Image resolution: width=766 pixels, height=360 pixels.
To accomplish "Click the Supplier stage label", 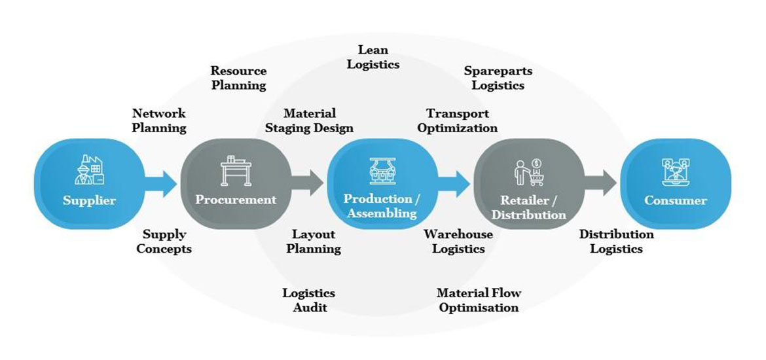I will tap(89, 200).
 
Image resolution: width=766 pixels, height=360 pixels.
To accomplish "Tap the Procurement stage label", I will tap(236, 200).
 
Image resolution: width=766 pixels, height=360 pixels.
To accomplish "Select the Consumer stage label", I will tap(676, 200).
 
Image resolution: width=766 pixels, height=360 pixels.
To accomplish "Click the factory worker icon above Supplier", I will tap(89, 172).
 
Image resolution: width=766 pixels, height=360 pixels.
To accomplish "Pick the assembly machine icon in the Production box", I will tap(382, 171).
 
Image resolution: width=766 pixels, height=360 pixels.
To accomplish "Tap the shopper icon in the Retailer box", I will tap(528, 173).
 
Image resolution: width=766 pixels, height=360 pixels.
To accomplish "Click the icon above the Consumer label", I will tap(676, 171).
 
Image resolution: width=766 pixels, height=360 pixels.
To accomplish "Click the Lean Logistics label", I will tap(373, 57).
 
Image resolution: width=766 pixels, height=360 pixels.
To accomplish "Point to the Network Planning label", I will tap(159, 120).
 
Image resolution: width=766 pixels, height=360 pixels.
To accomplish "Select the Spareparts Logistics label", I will tap(498, 77).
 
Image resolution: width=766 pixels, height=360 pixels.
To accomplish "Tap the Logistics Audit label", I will tap(308, 300).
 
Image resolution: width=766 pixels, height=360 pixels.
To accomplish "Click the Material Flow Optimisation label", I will tap(479, 300).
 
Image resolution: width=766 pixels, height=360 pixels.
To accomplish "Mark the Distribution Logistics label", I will tap(616, 241).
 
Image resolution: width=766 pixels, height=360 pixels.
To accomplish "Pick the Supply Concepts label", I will tap(164, 241).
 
